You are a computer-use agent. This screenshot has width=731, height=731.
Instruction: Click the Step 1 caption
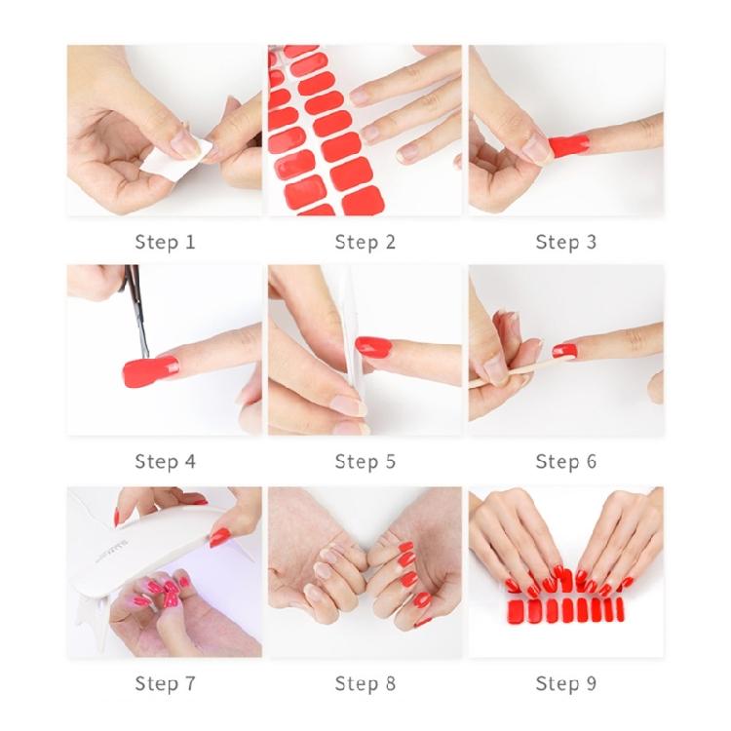[x=165, y=242]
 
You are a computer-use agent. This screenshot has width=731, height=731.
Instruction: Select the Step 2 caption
[x=365, y=242]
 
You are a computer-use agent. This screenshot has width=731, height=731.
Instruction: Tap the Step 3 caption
[x=565, y=242]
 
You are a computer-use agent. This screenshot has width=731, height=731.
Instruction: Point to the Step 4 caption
[x=165, y=461]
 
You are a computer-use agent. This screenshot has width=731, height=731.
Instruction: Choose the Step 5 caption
[x=365, y=461]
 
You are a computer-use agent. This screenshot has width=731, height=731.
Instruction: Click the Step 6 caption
[x=565, y=461]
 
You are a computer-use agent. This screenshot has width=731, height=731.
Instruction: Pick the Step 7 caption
[x=165, y=683]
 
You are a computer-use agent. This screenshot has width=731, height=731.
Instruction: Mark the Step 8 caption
[x=365, y=683]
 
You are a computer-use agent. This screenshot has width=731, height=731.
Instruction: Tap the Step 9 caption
[x=565, y=683]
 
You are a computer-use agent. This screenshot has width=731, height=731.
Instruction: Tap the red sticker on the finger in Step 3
[x=569, y=146]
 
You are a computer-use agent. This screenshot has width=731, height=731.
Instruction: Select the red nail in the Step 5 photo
[x=373, y=346]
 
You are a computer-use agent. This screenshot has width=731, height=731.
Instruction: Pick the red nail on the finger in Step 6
[x=564, y=350]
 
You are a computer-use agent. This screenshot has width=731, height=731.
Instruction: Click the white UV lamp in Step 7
[x=146, y=556]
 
